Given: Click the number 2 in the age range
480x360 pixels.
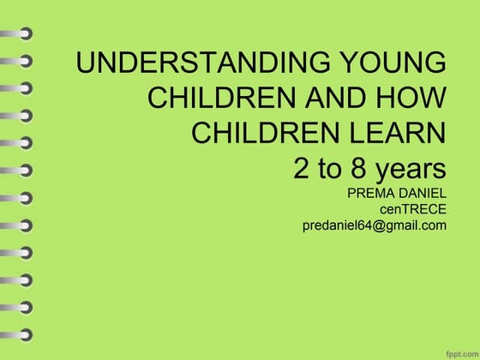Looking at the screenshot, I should [x=302, y=168].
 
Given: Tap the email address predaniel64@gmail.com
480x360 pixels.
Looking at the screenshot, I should [x=375, y=226].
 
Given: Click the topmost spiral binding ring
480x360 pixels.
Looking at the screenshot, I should [x=19, y=35].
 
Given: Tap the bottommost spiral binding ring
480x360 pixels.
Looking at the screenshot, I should [x=19, y=333].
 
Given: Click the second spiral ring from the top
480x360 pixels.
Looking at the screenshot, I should [x=19, y=63].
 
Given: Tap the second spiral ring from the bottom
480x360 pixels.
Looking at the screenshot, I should [x=19, y=306].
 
